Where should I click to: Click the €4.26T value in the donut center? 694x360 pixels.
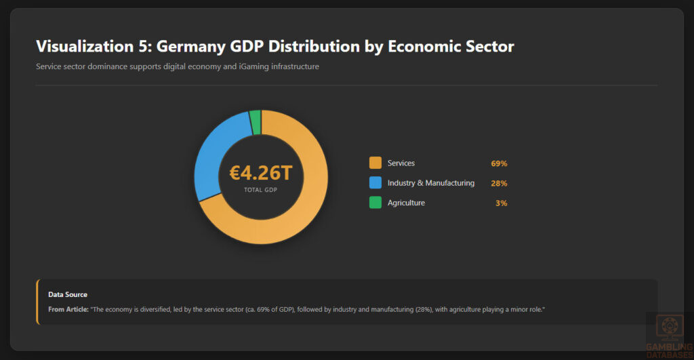click(261, 173)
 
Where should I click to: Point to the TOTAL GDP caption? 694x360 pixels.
click(261, 190)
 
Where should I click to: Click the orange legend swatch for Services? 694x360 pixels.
click(375, 163)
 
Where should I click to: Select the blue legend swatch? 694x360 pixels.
click(375, 182)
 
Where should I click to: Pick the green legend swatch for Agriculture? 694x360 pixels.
click(375, 202)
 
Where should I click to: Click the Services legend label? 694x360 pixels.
click(401, 163)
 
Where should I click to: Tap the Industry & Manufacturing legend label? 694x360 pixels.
click(431, 183)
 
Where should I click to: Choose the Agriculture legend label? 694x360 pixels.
click(406, 203)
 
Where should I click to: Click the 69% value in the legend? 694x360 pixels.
click(499, 163)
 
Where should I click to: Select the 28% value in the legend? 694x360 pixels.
click(499, 183)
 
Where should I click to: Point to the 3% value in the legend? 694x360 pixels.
click(502, 203)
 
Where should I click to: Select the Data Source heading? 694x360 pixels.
click(68, 294)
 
